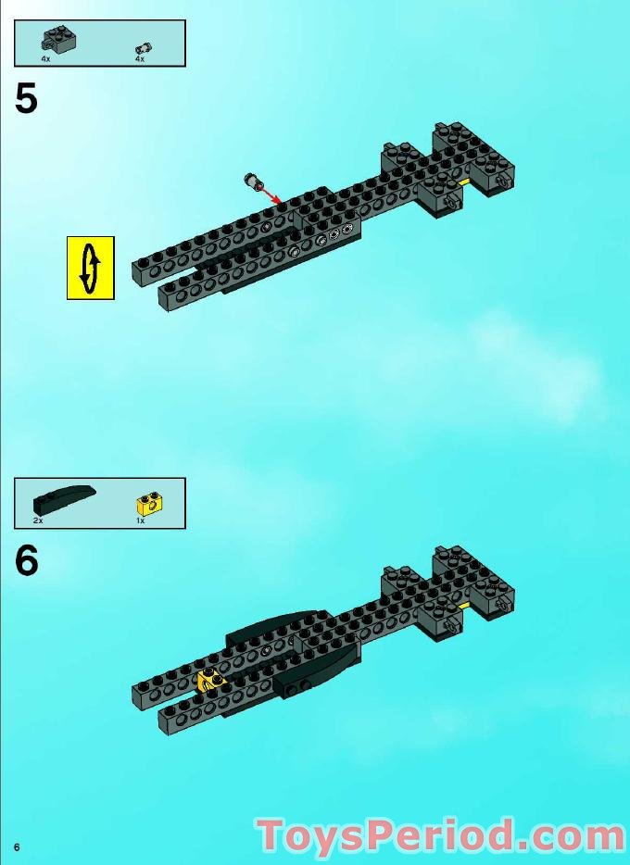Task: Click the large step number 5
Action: [x=26, y=99]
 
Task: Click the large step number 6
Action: [x=26, y=561]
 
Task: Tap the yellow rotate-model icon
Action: [x=90, y=268]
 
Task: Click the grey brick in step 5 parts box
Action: [x=58, y=40]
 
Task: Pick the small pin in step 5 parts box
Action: [x=143, y=47]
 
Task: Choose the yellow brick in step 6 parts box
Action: [x=149, y=504]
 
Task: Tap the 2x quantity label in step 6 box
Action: [x=38, y=521]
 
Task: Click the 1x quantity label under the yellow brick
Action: [x=140, y=521]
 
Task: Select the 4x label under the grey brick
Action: [x=45, y=59]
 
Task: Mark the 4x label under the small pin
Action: [x=140, y=59]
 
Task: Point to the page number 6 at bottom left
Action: [x=17, y=847]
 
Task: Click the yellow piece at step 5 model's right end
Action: [x=463, y=183]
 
